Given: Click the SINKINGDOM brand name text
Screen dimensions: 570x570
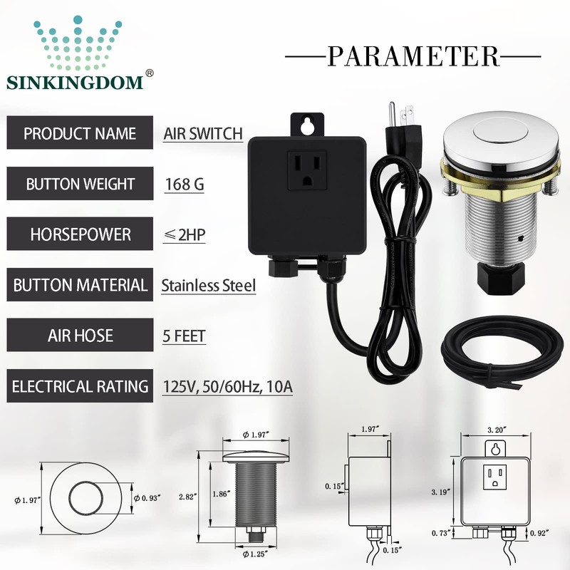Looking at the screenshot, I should point(75,81).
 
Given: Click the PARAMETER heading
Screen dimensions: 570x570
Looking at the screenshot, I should point(413,55).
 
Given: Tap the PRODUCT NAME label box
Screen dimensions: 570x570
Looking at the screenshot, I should point(80,133).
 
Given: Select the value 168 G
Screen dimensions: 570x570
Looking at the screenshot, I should point(185,185).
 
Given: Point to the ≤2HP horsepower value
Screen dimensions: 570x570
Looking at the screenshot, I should point(185,235).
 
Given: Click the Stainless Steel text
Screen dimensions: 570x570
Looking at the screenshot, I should point(208,286).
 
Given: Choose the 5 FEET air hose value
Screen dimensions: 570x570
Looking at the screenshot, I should point(185,335).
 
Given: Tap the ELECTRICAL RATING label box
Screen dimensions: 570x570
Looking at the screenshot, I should point(80,387).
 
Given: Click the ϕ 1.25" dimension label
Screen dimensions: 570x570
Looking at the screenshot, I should point(254,554).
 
